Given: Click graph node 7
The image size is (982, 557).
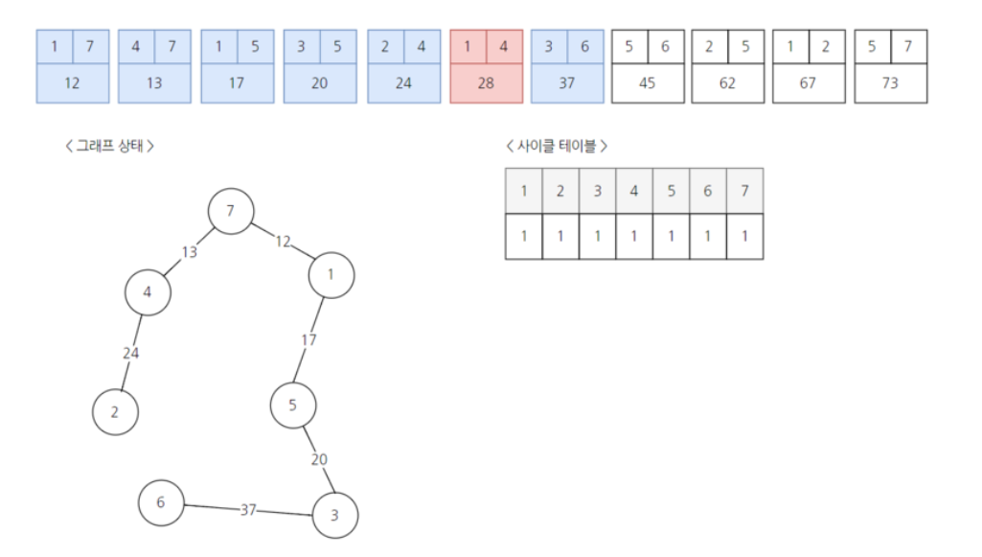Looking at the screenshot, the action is (x=230, y=211).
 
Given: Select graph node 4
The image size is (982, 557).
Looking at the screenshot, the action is (x=148, y=292).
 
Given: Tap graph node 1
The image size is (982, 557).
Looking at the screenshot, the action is (x=331, y=275).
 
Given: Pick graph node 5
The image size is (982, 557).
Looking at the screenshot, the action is (x=293, y=406).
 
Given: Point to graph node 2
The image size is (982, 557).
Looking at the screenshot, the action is (x=115, y=412).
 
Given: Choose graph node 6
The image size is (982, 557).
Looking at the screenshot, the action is (x=161, y=502).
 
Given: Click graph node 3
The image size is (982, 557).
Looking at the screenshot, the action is (x=334, y=516).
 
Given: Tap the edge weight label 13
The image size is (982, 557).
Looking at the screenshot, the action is (x=189, y=252).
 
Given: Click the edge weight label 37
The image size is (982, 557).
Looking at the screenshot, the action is (x=248, y=509).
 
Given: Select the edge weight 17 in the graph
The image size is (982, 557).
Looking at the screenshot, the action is (x=308, y=339).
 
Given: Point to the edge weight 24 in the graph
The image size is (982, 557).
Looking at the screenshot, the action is (x=131, y=353).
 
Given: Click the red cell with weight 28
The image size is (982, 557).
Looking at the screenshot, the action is (x=486, y=83).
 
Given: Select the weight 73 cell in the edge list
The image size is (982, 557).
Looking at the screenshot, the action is (x=890, y=83).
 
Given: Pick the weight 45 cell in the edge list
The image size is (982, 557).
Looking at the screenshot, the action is (x=647, y=83).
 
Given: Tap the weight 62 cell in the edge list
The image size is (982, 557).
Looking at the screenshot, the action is (x=727, y=83).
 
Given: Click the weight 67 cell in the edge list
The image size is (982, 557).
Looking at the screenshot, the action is (x=808, y=83).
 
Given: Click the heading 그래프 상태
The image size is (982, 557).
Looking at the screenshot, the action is (x=109, y=146).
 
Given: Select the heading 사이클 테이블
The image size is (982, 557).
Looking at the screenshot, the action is (x=557, y=146).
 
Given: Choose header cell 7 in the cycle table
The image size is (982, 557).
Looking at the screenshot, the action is (x=744, y=191).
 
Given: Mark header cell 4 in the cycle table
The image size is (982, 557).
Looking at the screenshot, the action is (x=634, y=191).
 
